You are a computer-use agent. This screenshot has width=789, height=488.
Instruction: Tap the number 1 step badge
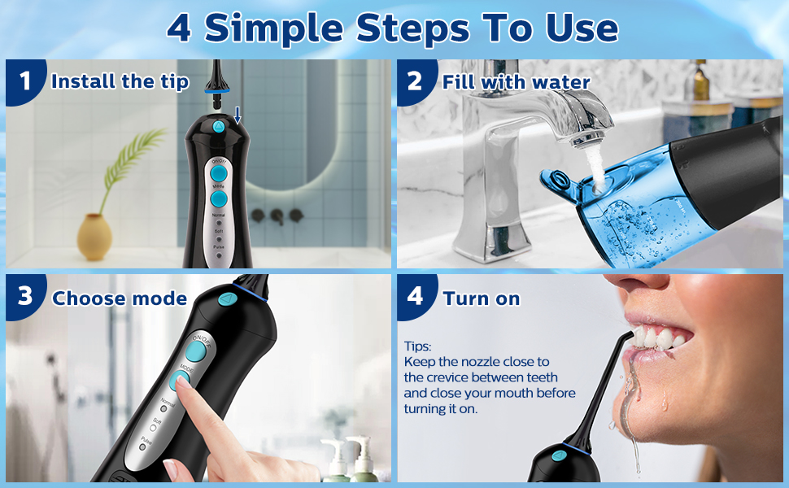coord(25,81)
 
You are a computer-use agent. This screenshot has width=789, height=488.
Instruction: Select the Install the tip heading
coord(120,81)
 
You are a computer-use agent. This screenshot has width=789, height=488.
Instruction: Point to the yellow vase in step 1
coord(94,237)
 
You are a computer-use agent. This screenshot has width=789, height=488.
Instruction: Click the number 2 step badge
coord(415,81)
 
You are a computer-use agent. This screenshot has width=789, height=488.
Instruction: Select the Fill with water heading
coord(516,81)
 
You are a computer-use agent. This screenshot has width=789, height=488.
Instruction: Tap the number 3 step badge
coord(25,296)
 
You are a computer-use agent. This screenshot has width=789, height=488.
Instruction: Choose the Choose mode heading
coord(120,298)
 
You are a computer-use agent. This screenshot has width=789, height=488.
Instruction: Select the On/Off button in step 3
coord(196,350)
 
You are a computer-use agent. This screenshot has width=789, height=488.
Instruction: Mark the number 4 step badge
coord(415,296)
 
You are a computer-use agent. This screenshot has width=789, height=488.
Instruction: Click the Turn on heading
coord(482,298)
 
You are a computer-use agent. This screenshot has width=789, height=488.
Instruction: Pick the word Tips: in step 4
coord(418,346)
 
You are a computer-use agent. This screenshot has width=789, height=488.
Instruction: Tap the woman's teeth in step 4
coord(659,338)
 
